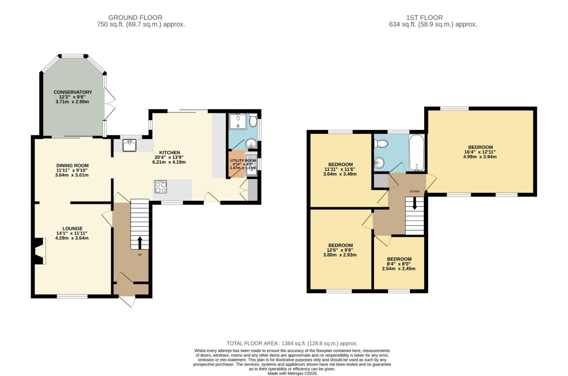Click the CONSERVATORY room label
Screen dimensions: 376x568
[73, 92]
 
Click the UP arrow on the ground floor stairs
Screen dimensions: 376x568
[140, 243]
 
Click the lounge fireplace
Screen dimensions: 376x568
[39, 251]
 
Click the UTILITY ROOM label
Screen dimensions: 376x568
[243, 161]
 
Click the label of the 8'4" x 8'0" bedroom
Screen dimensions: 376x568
[399, 259]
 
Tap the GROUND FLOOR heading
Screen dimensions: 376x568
[135, 17]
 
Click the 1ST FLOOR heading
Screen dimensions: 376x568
[424, 17]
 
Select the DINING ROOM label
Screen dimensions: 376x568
[72, 166]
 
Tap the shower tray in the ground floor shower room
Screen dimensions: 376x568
[238, 121]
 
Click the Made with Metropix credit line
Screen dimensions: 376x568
[292, 373]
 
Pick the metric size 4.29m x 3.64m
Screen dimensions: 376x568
[72, 238]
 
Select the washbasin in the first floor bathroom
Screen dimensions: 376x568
[379, 162]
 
